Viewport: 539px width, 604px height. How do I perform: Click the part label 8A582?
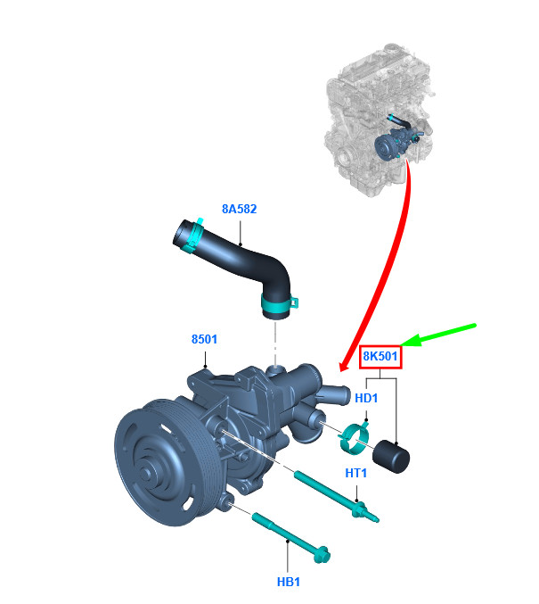[x=239, y=209]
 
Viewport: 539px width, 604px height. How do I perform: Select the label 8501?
[x=204, y=339]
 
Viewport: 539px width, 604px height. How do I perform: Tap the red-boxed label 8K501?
[x=380, y=356]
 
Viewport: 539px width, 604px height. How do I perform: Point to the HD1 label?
[x=366, y=398]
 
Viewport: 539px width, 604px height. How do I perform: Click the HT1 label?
[x=355, y=473]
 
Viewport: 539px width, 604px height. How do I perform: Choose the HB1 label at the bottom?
[x=288, y=582]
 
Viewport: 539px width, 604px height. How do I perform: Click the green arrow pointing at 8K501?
[x=437, y=335]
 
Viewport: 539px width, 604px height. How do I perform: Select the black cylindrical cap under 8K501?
[x=391, y=457]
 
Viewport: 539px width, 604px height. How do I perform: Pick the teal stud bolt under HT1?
[x=336, y=497]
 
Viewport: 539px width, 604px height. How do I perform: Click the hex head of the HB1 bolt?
[x=322, y=555]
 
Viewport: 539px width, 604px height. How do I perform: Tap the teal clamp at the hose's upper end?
[x=194, y=236]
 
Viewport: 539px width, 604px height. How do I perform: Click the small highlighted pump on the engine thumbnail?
[x=396, y=144]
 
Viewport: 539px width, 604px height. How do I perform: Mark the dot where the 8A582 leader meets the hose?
[x=240, y=244]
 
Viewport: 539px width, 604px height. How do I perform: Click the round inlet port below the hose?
[x=275, y=370]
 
